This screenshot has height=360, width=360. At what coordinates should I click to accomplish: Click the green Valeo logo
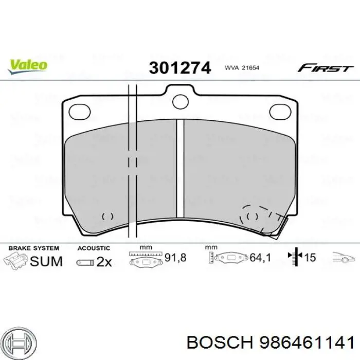pos(28,65)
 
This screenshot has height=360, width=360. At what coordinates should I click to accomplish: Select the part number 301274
pos(180,68)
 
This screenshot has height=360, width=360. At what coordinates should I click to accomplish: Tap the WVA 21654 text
pos(242,68)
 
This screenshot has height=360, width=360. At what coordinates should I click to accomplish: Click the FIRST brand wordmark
pos(326,68)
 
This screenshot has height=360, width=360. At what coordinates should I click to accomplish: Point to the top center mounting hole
pos(181,101)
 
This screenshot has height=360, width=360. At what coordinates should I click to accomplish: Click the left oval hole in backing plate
pos(79,110)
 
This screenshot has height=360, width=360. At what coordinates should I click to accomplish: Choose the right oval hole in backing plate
pos(280,110)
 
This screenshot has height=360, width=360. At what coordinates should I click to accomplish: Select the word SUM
pos(46,261)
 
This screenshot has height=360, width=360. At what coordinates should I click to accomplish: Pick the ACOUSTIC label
pos(94,248)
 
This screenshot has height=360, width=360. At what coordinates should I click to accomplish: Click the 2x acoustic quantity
pos(103,262)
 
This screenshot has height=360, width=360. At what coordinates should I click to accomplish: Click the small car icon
pos(343,258)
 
